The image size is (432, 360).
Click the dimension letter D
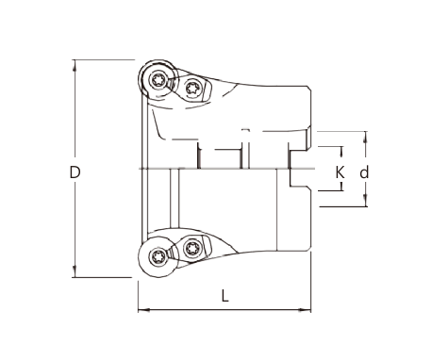tap(75, 172)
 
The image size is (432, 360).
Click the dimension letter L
tap(224, 296)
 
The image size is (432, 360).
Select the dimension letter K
tap(340, 172)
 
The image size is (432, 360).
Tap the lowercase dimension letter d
tap(364, 172)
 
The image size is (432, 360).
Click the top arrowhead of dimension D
tap(75, 65)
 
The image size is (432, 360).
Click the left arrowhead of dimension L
tap(144, 310)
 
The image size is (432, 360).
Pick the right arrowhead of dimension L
tap(305, 310)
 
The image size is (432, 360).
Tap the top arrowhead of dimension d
tap(365, 137)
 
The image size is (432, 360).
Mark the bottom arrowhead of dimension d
tap(365, 200)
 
